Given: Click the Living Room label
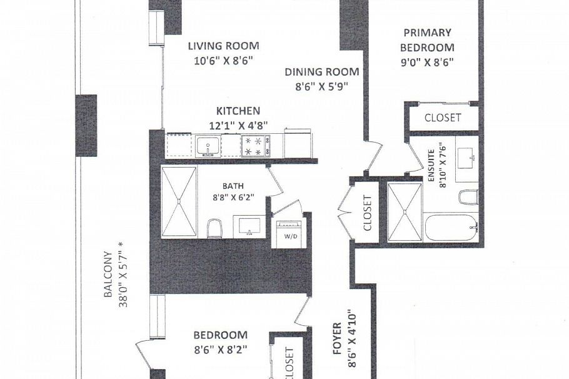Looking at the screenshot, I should (224, 46).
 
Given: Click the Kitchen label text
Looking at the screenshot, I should (238, 111).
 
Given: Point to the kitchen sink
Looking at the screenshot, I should (206, 147).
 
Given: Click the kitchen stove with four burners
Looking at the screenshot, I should (256, 147).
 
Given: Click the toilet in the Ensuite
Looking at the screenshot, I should (468, 198).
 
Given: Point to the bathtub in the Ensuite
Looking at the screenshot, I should (451, 228).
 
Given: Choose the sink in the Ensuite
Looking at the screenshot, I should (465, 156).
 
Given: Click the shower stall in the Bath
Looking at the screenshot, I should (179, 201).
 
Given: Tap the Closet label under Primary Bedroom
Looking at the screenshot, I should (443, 118).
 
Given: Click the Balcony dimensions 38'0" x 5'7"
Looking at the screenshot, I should (124, 279).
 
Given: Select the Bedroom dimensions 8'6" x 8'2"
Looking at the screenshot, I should (219, 350).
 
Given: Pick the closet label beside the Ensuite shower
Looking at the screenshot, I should (367, 213).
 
